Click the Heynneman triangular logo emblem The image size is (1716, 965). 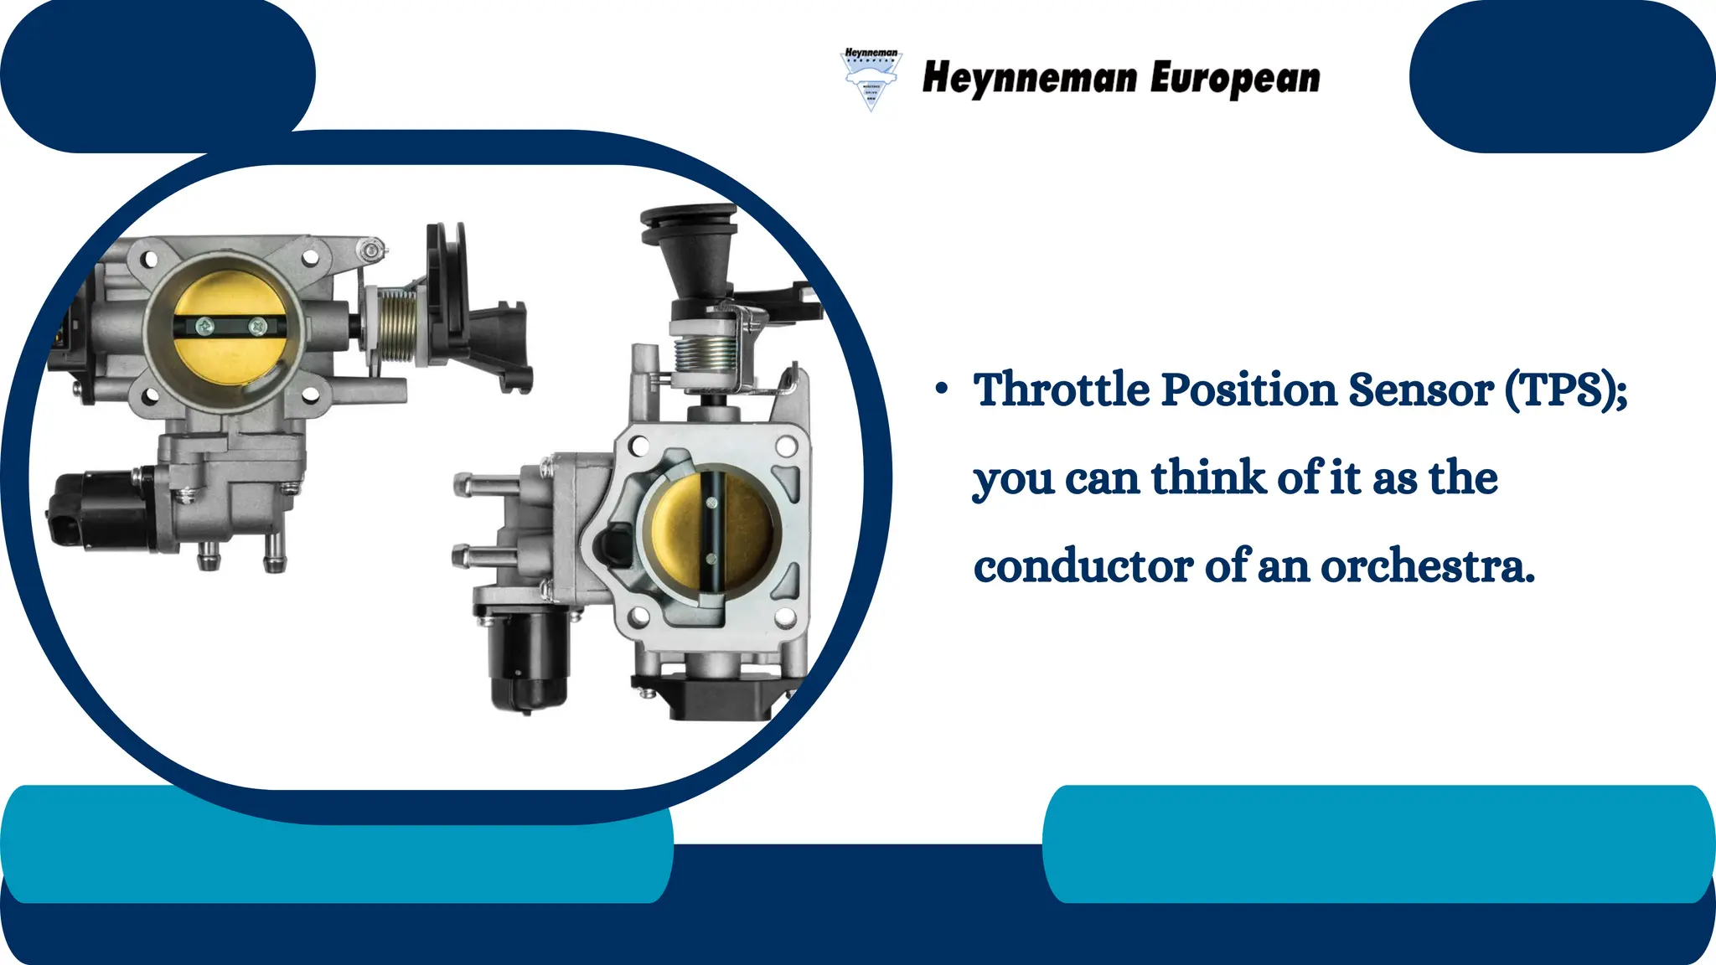point(871,79)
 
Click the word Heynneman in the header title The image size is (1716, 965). point(1030,78)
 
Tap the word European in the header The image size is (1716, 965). point(1235,79)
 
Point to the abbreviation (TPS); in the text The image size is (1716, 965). point(1565,390)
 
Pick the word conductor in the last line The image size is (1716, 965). point(1083,567)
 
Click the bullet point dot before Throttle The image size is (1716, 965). point(943,388)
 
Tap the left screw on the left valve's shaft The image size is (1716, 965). point(204,325)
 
